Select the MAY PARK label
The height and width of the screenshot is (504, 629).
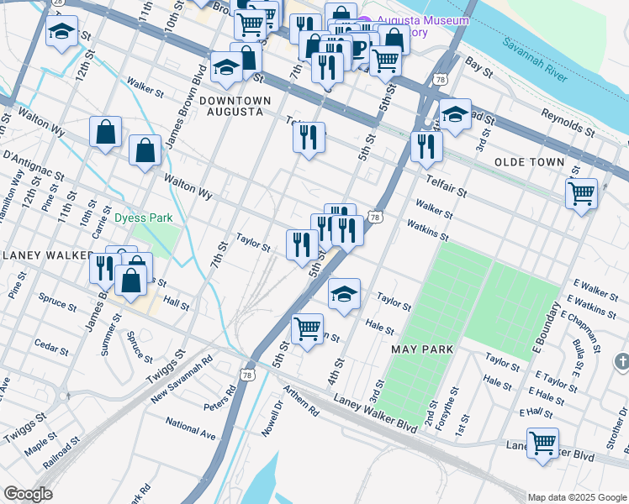(x=422, y=349)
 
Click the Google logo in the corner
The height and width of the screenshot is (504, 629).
(x=28, y=494)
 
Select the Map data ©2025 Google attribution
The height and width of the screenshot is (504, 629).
(x=576, y=497)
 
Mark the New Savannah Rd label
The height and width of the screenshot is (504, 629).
(x=182, y=375)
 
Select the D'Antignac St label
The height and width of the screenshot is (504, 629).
(x=34, y=164)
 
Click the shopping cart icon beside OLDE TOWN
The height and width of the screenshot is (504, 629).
(x=581, y=194)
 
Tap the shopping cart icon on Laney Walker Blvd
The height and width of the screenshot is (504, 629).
(x=542, y=443)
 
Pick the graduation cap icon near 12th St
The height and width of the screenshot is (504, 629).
(x=61, y=32)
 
